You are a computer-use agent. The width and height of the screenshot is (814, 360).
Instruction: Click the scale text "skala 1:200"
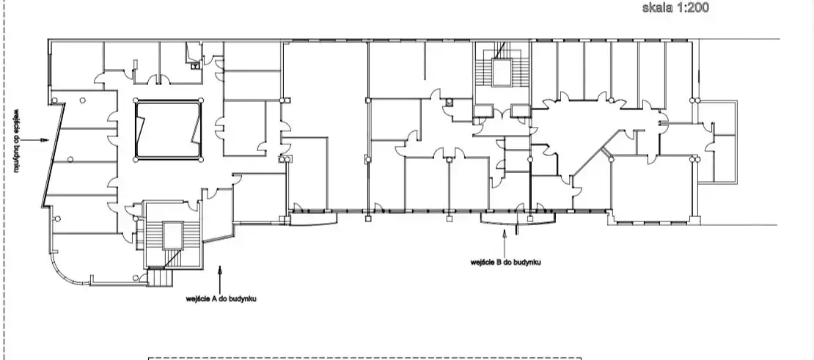(x=675, y=7)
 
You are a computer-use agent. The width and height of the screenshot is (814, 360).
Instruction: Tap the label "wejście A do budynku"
(x=221, y=299)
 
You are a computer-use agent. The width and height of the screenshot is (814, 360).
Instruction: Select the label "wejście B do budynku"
(x=506, y=262)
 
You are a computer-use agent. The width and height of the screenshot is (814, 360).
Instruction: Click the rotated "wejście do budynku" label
(x=17, y=141)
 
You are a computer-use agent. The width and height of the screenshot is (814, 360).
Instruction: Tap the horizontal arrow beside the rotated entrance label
(x=36, y=140)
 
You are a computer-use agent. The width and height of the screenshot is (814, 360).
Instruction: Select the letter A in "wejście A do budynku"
(x=214, y=299)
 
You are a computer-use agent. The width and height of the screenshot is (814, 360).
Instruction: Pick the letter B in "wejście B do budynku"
(x=499, y=262)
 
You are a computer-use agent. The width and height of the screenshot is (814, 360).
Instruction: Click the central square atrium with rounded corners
(x=168, y=131)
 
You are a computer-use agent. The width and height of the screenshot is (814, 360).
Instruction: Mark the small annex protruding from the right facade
(x=717, y=142)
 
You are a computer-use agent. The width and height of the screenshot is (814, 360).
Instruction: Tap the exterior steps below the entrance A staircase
(x=160, y=277)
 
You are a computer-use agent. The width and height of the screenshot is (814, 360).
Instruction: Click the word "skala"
(x=659, y=7)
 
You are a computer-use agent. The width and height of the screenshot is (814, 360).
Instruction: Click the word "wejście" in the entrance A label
(x=198, y=299)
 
